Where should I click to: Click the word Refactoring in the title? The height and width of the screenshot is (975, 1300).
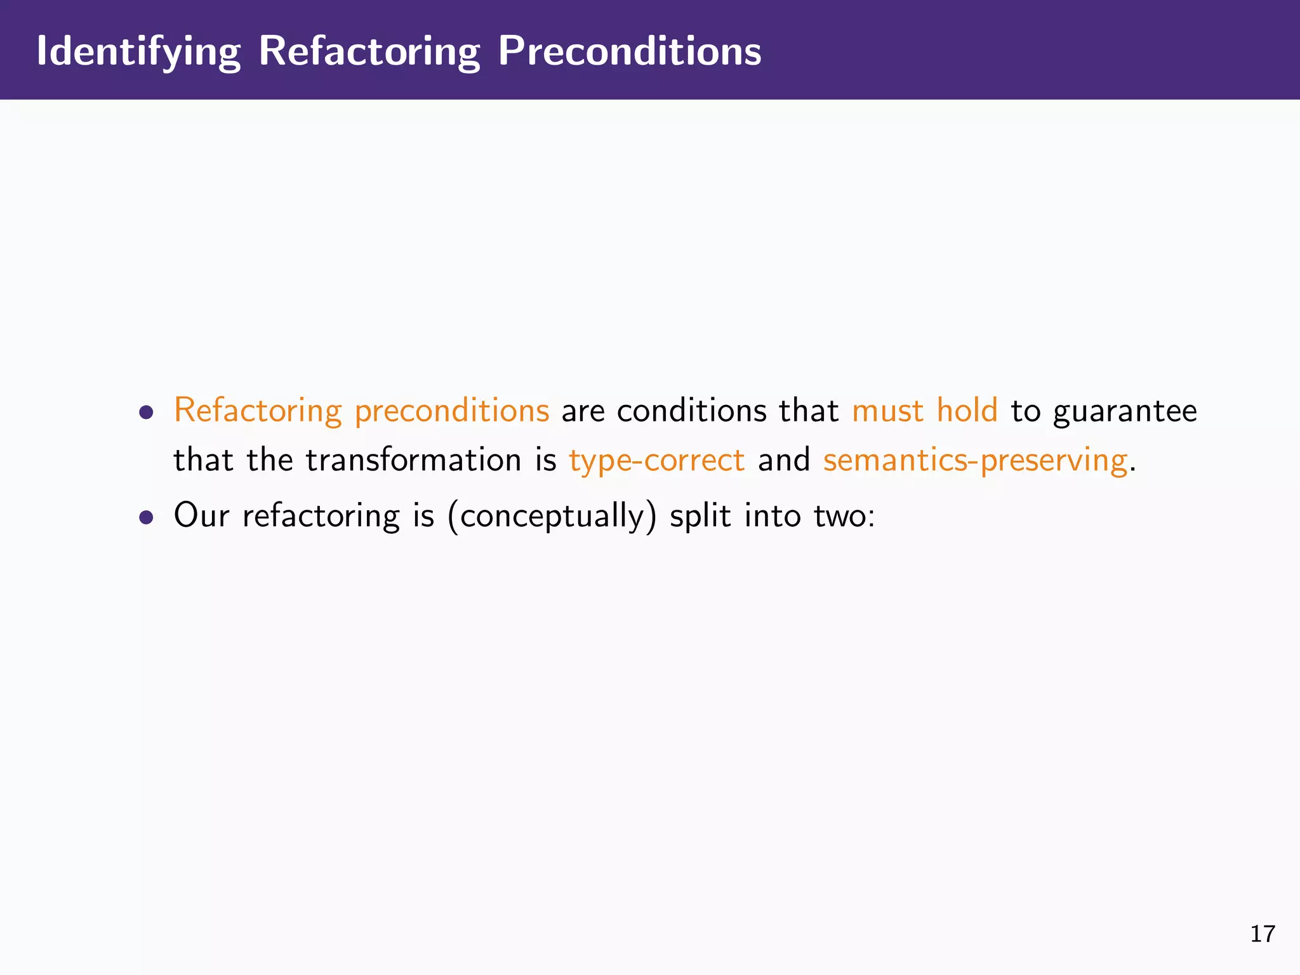pos(369,51)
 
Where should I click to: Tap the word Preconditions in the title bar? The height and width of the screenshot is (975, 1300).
pos(629,51)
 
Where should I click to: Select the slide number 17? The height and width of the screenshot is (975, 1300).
pos(1262,934)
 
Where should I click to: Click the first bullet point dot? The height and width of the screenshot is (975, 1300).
pos(147,413)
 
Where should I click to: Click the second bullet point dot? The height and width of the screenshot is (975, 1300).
pos(147,517)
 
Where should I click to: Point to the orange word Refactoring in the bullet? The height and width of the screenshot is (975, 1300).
pos(258,411)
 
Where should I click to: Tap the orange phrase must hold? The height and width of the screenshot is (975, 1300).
pos(924,410)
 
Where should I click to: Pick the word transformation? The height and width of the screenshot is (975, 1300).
pos(413,460)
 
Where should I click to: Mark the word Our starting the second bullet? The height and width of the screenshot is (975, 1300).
pos(201,515)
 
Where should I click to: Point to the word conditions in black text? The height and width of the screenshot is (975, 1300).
pos(691,411)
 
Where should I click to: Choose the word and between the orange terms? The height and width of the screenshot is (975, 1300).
pos(783,460)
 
